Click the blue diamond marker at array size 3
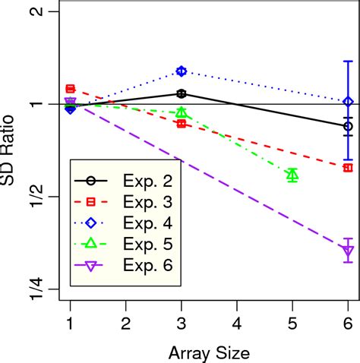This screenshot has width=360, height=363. pos(181,71)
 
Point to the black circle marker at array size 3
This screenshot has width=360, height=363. pos(181,93)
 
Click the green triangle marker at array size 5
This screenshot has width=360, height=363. pos(292,175)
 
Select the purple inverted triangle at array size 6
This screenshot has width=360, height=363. pos(348,251)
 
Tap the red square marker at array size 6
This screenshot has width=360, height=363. pos(348,167)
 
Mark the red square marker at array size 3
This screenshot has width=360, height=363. pos(181,123)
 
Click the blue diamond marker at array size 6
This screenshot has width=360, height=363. pos(348,102)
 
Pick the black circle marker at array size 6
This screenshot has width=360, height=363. pos(348,126)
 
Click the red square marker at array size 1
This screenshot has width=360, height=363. pos(70,89)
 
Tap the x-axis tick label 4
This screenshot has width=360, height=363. pos(237,323)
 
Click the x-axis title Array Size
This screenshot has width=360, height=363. pos(208,352)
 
